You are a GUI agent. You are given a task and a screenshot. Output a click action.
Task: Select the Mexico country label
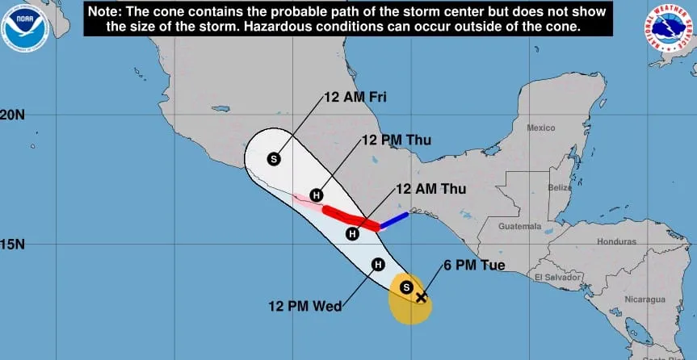click(x=540, y=128)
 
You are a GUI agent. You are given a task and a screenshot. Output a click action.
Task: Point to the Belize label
click(x=560, y=187)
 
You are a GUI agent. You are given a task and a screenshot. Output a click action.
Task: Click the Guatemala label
click(x=519, y=228)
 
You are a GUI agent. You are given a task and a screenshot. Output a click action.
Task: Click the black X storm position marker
click(x=421, y=297)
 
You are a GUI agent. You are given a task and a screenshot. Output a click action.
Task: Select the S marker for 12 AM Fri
click(x=274, y=158)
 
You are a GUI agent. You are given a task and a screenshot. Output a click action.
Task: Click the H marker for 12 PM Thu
click(x=317, y=195)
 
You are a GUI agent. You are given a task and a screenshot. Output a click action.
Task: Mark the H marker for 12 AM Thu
click(x=351, y=234)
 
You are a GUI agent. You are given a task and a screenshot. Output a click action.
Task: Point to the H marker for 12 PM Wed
click(x=378, y=264)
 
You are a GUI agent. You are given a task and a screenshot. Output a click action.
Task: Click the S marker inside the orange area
click(x=407, y=287)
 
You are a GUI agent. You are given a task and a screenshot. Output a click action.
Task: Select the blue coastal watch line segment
click(x=394, y=219)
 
